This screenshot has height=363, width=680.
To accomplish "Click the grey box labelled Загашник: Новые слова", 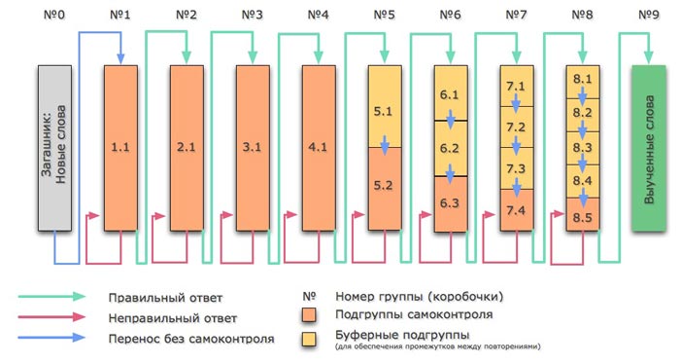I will click(x=52, y=148).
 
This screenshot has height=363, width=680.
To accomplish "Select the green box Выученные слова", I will click(x=649, y=148).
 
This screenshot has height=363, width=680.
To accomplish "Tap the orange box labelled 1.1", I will click(x=119, y=148).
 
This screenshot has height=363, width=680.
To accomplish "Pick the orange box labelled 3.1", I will click(x=252, y=148).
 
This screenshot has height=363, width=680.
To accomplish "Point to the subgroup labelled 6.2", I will click(x=450, y=149).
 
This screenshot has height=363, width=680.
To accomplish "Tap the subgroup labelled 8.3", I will click(x=583, y=148).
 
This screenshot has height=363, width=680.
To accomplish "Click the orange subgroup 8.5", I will click(x=583, y=216).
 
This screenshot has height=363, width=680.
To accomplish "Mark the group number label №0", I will click(x=53, y=16).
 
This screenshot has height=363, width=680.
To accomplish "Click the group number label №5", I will click(x=385, y=16).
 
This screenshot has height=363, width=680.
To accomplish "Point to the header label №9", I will click(x=650, y=16).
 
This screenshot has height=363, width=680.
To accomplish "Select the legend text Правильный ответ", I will click(x=182, y=298).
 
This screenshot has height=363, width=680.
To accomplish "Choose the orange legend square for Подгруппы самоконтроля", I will click(x=310, y=316).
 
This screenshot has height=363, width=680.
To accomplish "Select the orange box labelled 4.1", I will click(x=318, y=148).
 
